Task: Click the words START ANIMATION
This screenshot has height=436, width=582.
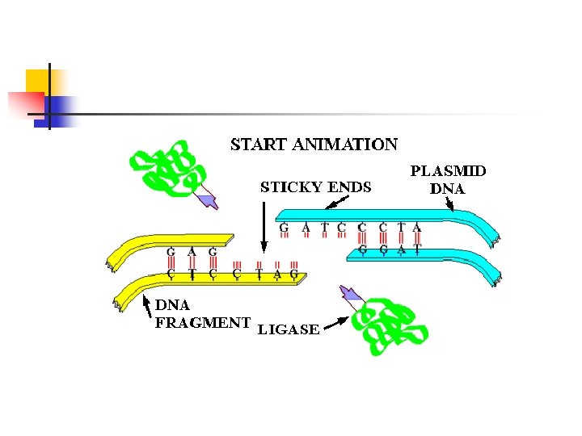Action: click(x=314, y=145)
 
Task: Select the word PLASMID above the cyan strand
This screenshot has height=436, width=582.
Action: click(x=449, y=171)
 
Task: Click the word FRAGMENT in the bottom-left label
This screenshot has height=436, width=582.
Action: click(x=202, y=323)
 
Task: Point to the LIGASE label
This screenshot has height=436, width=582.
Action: click(x=288, y=329)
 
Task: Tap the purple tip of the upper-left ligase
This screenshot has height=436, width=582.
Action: click(x=208, y=199)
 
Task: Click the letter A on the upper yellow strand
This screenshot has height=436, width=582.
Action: click(x=192, y=252)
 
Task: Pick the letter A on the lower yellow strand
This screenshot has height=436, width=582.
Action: click(x=277, y=275)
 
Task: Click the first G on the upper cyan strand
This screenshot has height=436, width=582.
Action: click(x=284, y=228)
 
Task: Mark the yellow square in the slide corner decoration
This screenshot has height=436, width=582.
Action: click(x=37, y=81)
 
